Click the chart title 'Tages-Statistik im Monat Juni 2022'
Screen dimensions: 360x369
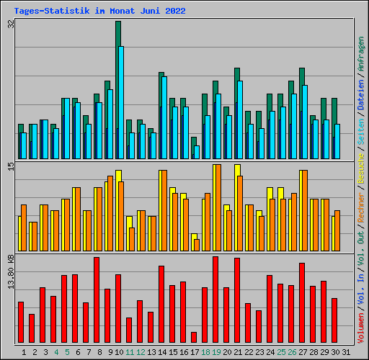point(99,12)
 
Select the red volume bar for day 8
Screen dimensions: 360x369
point(97,300)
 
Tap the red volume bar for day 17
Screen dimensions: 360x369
point(194,338)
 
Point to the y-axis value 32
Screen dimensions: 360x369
point(11,24)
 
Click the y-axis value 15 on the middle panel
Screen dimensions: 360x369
point(11,166)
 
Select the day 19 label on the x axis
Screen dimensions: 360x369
point(217,352)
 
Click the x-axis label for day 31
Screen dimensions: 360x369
point(346,352)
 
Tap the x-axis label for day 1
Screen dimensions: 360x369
point(25,352)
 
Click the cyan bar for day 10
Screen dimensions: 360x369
point(121,102)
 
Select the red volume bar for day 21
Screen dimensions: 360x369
point(237,301)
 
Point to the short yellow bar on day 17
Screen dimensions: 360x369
point(193,238)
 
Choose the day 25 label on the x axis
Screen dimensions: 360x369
point(270,352)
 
